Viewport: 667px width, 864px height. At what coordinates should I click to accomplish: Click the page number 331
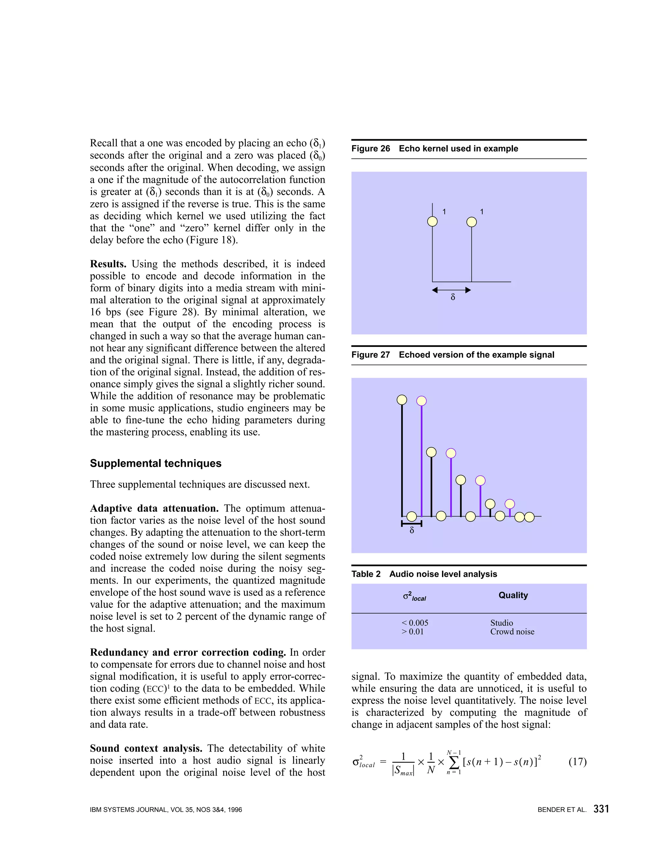[601, 809]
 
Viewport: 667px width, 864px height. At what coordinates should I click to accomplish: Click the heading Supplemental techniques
[155, 463]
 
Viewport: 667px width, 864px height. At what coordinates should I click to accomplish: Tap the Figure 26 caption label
[370, 148]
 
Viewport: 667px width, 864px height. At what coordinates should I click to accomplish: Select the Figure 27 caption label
[370, 354]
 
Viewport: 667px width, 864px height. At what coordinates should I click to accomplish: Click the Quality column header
[513, 595]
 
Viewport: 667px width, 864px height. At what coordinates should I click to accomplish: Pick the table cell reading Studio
[502, 623]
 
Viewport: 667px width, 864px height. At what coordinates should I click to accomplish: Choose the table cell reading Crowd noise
[512, 632]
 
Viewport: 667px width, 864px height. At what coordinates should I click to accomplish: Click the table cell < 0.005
[415, 623]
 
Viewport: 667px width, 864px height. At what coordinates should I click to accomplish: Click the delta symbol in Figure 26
[453, 297]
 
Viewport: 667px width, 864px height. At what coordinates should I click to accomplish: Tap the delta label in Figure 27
[412, 530]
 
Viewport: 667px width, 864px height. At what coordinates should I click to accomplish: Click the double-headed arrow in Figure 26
[451, 290]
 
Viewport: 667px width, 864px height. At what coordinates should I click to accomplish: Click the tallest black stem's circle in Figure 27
[402, 400]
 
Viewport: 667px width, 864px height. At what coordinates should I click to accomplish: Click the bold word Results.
[108, 264]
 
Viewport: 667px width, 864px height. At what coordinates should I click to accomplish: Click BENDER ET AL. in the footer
[561, 810]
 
